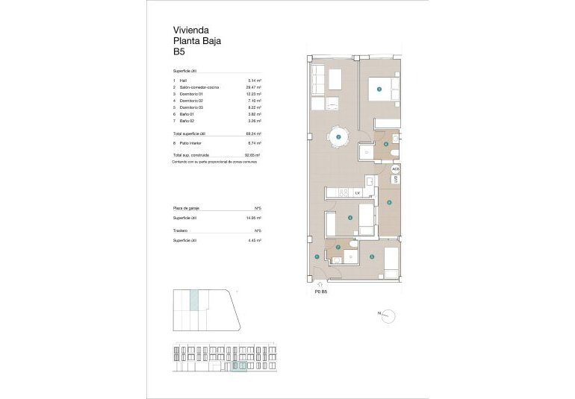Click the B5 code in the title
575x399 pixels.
(179, 53)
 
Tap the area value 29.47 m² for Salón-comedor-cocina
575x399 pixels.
(254, 87)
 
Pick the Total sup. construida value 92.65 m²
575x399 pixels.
(253, 154)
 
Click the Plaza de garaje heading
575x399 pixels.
(187, 208)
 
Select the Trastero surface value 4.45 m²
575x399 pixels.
(254, 241)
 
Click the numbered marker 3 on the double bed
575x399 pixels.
(379, 89)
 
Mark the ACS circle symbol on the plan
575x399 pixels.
(395, 169)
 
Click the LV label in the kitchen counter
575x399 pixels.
(358, 193)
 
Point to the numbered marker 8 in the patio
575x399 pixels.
(389, 202)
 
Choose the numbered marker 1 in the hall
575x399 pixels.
(317, 257)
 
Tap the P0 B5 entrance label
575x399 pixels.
(321, 292)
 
